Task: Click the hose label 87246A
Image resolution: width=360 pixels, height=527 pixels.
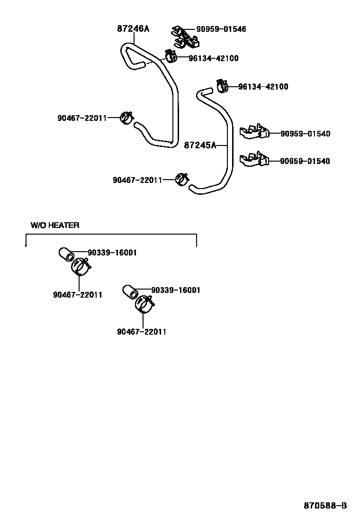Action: coord(133,29)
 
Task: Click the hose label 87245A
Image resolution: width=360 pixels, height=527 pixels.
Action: coord(199,145)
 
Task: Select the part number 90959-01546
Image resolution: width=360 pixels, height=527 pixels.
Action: coord(221,29)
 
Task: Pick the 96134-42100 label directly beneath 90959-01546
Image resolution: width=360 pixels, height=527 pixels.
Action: coord(213,58)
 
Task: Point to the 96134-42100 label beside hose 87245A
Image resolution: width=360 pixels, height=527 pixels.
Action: coord(263,87)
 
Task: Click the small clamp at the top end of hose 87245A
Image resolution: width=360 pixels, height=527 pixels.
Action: coord(222,85)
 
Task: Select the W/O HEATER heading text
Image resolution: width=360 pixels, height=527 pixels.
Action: coord(55,225)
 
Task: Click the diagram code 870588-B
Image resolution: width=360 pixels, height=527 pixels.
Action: coord(325,506)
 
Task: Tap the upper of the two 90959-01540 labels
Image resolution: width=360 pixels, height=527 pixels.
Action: coord(305,134)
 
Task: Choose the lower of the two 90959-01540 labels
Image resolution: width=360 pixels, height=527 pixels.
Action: coord(305,161)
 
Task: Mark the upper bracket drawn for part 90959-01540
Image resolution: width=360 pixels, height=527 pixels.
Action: coord(255,133)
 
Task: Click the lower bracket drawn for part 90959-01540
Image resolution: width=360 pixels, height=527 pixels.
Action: coord(255,160)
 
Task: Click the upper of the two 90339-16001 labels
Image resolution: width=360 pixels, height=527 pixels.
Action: coord(112,253)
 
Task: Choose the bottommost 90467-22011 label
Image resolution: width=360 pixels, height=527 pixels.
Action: coord(142,332)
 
